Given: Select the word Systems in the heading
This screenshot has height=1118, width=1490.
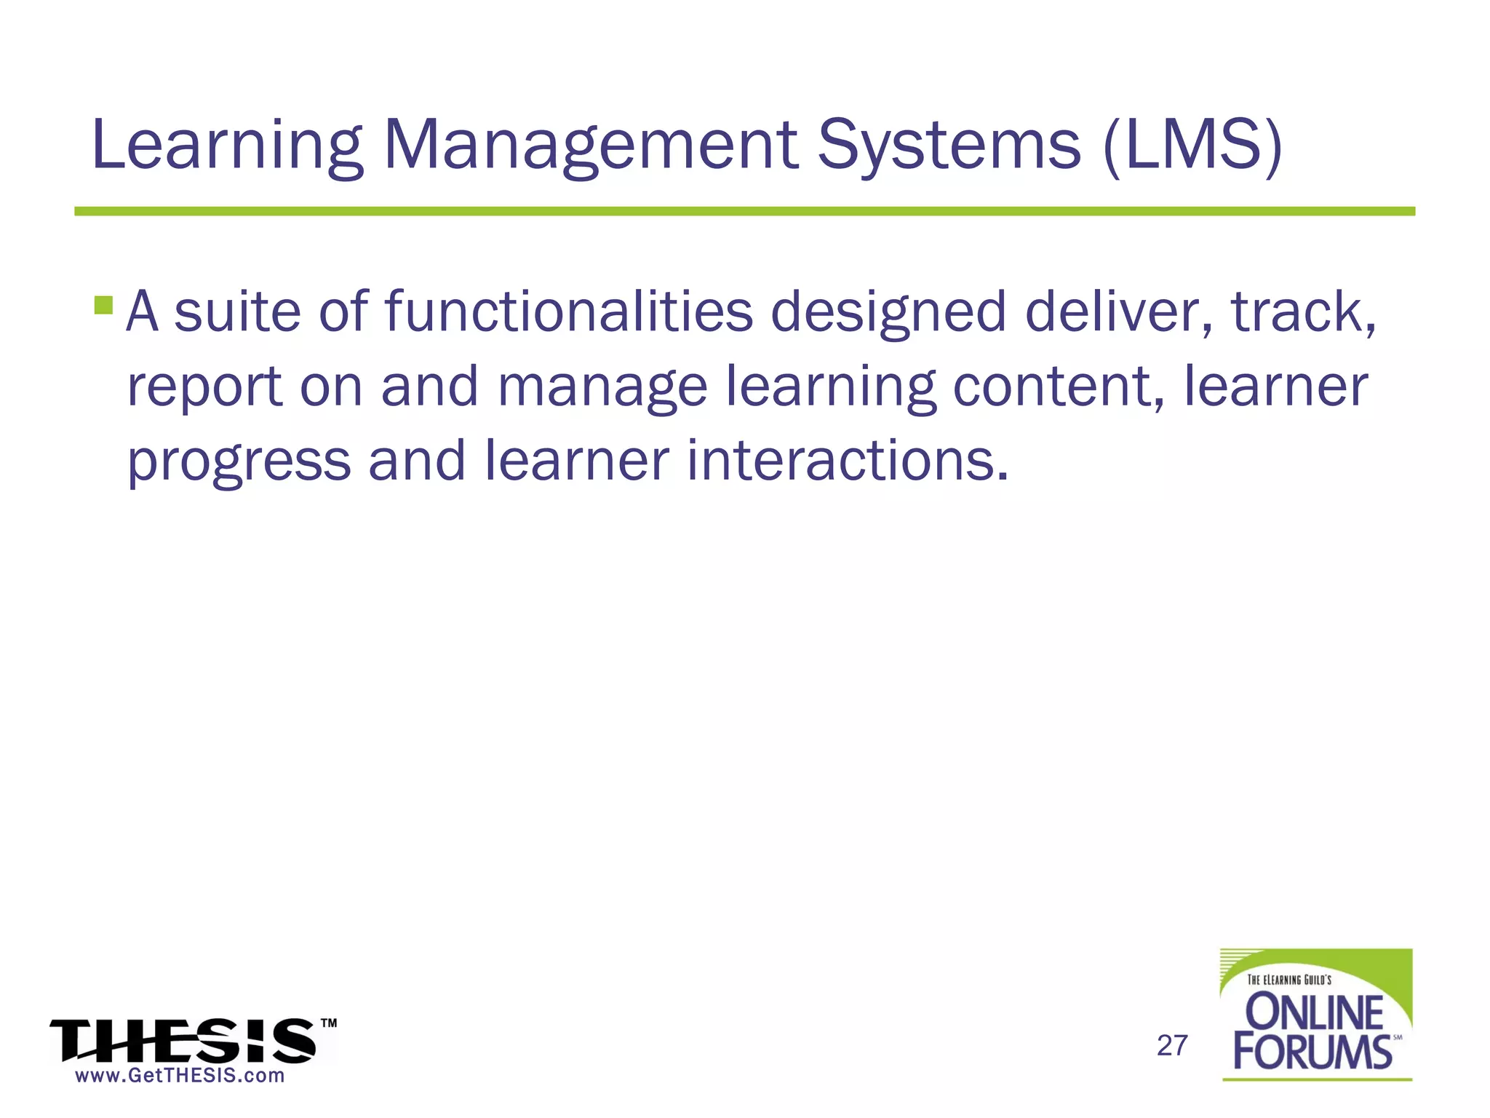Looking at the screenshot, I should click(x=949, y=146).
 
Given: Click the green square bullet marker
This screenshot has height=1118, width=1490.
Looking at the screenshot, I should click(x=103, y=304).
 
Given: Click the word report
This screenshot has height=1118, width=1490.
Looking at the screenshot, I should click(x=204, y=387).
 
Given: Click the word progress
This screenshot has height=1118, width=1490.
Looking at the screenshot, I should click(x=239, y=463).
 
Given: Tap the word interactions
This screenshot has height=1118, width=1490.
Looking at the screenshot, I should click(x=848, y=461).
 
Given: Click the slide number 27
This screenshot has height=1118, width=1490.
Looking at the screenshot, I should click(x=1172, y=1046).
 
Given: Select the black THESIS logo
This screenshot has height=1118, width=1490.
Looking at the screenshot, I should click(x=183, y=1041).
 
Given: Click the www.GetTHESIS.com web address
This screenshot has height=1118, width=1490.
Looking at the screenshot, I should click(x=180, y=1076).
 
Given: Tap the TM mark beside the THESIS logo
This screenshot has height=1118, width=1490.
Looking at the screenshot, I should click(x=329, y=1023).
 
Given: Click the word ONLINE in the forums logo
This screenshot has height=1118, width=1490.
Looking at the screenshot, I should click(x=1315, y=1012).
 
